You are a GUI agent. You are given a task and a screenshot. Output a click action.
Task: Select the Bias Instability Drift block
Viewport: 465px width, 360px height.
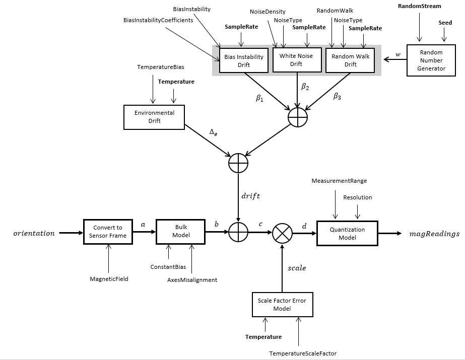click(244, 61)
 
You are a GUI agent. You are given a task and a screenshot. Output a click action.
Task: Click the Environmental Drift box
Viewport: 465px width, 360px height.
click(154, 117)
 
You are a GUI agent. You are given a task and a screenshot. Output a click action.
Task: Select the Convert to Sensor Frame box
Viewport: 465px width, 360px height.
click(108, 232)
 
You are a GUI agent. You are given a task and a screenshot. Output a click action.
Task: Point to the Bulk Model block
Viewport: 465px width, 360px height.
click(180, 232)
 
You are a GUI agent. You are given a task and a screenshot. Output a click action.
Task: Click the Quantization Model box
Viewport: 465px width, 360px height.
click(347, 233)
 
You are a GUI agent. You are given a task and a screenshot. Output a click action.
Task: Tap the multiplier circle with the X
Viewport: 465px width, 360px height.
click(282, 234)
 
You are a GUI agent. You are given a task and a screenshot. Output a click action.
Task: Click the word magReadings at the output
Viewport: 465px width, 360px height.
click(434, 234)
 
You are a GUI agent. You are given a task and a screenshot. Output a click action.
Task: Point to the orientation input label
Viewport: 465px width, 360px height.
click(34, 233)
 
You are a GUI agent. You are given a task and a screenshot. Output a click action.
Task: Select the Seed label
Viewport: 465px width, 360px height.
click(445, 23)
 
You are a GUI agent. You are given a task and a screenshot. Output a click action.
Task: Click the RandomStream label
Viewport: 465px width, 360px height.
click(419, 6)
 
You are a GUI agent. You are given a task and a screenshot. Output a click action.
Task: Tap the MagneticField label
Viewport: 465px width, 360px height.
click(109, 278)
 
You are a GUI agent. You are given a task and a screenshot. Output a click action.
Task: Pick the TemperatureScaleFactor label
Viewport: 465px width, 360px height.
click(302, 353)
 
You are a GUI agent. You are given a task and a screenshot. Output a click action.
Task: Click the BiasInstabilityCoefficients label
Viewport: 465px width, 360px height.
click(158, 20)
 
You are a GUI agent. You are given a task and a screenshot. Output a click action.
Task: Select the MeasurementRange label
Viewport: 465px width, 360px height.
click(339, 180)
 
